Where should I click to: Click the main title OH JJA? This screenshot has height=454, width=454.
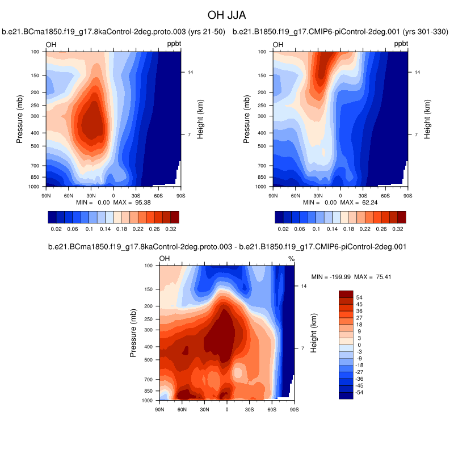[226, 14]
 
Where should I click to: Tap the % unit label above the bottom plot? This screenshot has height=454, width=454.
[291, 259]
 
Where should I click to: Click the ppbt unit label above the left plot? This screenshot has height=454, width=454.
[174, 44]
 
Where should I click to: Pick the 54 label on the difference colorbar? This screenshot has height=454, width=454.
[360, 297]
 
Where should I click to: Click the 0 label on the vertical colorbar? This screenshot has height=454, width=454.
[358, 345]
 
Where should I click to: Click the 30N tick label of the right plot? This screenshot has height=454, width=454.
[317, 195]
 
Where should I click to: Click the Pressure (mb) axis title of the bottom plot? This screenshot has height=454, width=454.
[133, 333]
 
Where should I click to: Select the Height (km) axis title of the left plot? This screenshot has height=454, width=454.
[200, 119]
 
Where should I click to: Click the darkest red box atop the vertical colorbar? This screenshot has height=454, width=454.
[346, 293]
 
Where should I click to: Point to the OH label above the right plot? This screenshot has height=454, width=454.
[278, 45]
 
